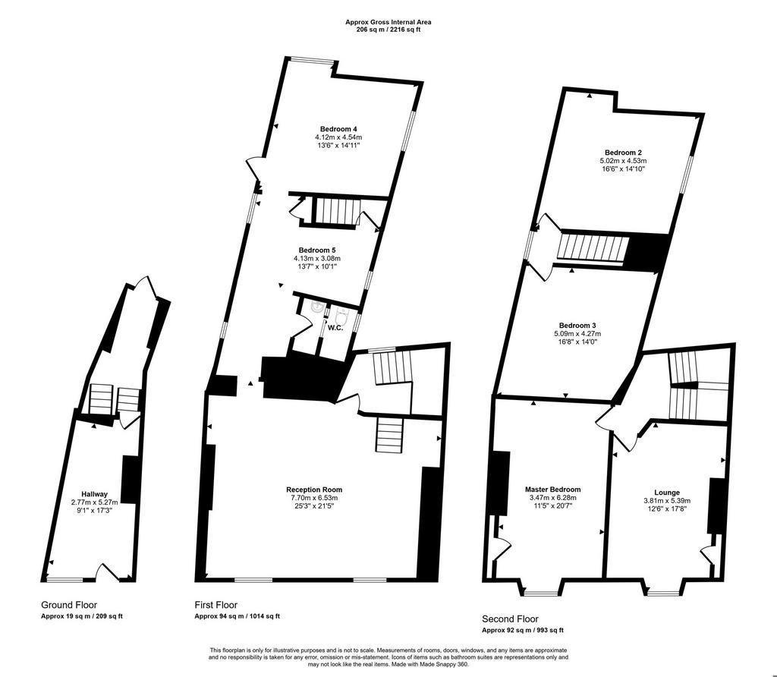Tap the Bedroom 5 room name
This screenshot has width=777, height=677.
coord(317,250)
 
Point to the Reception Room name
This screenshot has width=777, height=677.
coord(314,490)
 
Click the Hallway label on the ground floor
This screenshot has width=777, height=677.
coord(95,493)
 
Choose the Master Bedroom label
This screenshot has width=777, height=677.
coord(552,490)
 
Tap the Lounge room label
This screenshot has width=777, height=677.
coord(667,493)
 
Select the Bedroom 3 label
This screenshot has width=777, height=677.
coord(577,325)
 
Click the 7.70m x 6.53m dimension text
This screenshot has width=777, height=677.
coord(314,498)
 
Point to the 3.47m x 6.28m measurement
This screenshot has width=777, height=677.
coord(552,498)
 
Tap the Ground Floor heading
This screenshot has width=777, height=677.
coord(69,605)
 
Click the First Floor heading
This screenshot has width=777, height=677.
coord(215,605)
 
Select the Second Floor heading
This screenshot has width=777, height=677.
coord(511,619)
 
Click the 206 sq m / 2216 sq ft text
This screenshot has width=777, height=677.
coord(388,30)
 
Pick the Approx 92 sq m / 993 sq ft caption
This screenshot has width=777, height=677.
coord(523,631)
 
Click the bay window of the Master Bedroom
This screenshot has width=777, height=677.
coord(540,587)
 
